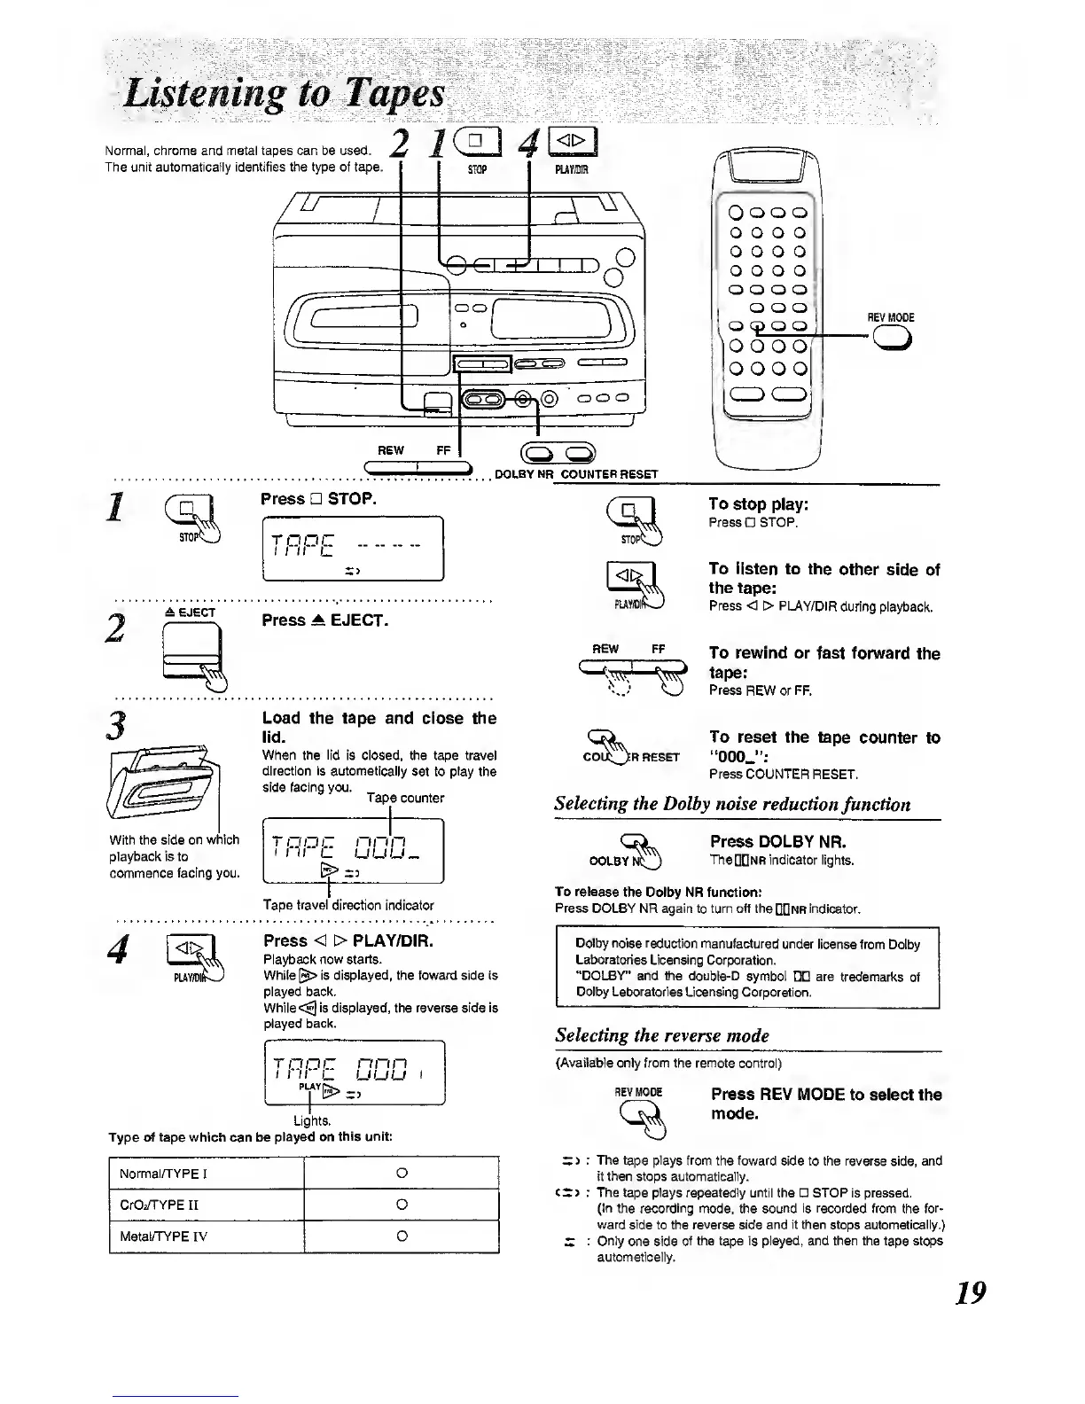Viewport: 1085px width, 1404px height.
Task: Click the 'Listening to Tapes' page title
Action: [285, 94]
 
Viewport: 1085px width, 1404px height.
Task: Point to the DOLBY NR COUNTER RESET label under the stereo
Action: [575, 474]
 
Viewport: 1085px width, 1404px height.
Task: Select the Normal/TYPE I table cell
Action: [206, 1174]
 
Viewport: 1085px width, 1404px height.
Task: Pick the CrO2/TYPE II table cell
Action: [206, 1205]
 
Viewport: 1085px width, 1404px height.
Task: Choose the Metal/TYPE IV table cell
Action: [206, 1236]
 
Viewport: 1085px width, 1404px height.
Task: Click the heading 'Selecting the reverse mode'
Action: [661, 1035]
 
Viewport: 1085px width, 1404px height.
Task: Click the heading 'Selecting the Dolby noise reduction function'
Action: [732, 804]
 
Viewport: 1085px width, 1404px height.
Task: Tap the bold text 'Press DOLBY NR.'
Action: [777, 841]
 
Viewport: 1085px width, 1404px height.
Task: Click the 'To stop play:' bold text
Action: [757, 504]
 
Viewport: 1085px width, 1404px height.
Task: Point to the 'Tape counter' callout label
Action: [405, 798]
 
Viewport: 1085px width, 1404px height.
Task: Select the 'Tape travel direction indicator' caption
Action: [348, 905]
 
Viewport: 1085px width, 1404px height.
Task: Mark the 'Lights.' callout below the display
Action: [310, 1120]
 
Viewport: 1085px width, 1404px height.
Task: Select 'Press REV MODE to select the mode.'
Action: [825, 1104]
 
